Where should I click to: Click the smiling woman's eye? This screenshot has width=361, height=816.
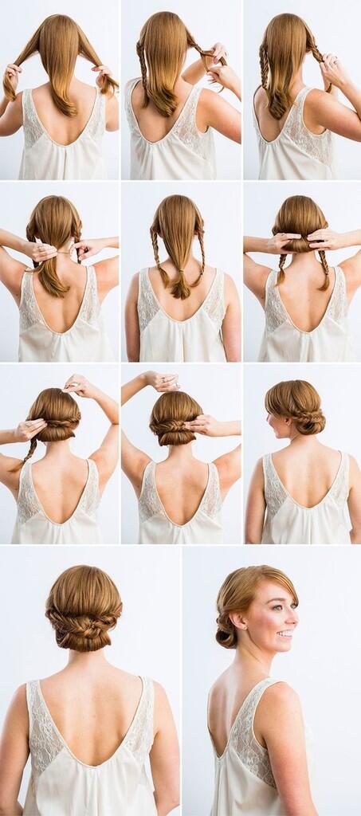click(x=281, y=606)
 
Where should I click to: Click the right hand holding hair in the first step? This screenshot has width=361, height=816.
click(x=103, y=73)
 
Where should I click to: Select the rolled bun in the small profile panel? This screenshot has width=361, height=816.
click(x=309, y=420)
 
